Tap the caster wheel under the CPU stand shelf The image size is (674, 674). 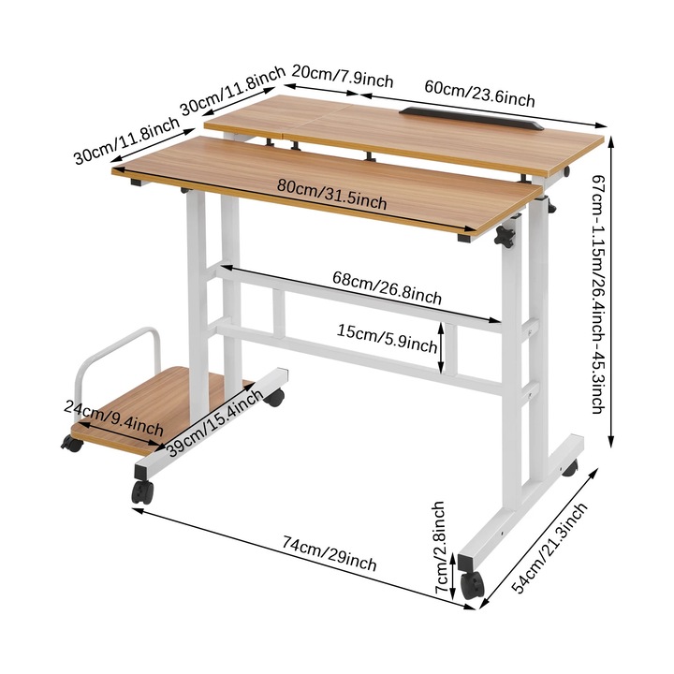71,443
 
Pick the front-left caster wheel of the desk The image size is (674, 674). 141,491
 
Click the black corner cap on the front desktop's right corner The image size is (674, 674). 464,241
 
